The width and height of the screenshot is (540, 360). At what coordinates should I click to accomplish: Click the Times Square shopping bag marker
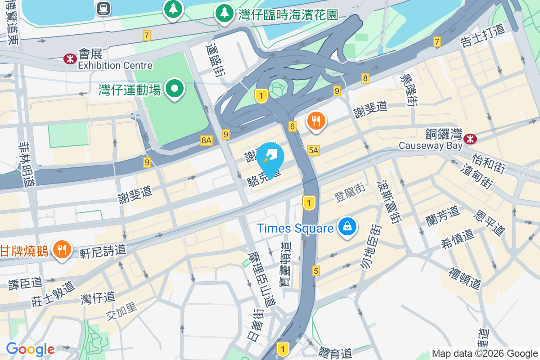[348, 226]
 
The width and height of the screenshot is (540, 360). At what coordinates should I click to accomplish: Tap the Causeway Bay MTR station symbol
[470, 139]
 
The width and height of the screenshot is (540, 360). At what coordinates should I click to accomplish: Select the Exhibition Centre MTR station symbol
[70, 58]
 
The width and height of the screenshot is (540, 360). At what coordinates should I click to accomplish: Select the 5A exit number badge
[314, 150]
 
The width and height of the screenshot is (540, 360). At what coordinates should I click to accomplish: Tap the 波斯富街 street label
[388, 201]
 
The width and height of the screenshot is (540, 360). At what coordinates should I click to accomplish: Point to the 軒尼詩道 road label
[103, 251]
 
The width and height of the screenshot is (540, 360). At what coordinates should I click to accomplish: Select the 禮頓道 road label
[465, 278]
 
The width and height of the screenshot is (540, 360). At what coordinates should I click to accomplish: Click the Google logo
[30, 349]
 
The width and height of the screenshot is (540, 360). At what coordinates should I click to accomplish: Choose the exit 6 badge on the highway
[292, 127]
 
